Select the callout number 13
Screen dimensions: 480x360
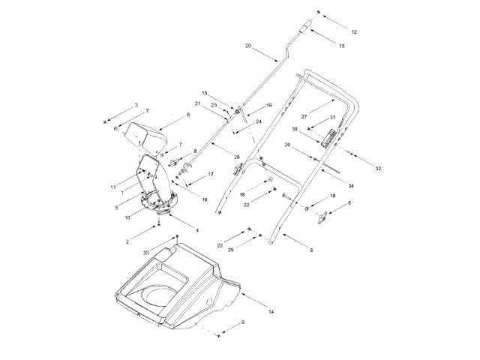tap(342, 46)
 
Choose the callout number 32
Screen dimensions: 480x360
tap(379, 169)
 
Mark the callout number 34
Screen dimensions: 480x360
tap(352, 185)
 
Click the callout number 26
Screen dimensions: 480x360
tap(286, 144)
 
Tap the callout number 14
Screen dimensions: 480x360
tap(271, 310)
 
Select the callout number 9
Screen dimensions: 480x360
tap(242, 322)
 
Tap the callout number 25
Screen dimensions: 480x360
tap(238, 157)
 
